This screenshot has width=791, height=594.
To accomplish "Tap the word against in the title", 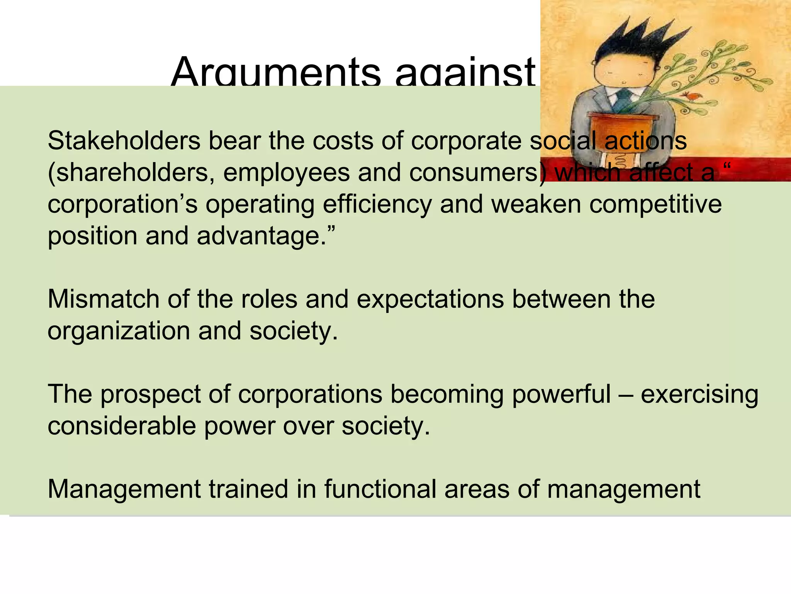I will pyautogui.click(x=465, y=73).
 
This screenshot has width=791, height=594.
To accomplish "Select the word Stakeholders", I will pyautogui.click(x=124, y=141).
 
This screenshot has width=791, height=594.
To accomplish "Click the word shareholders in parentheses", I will pyautogui.click(x=132, y=173).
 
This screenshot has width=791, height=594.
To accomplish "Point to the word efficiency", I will pyautogui.click(x=377, y=205).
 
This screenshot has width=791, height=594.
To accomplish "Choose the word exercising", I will pyautogui.click(x=699, y=395).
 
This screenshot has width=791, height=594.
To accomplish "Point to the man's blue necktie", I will pyautogui.click(x=623, y=101).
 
